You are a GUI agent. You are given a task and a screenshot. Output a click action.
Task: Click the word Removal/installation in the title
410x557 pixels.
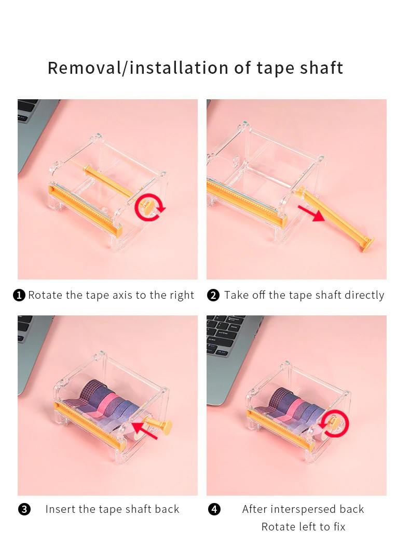[x=138, y=68]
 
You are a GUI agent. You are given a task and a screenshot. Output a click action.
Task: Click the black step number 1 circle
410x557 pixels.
[x=19, y=295]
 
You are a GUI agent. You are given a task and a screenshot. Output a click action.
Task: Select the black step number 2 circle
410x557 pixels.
[x=213, y=295]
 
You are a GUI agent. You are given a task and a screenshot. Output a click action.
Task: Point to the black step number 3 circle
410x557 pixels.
[x=24, y=509]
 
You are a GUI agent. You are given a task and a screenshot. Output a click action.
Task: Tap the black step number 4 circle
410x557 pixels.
[x=214, y=509]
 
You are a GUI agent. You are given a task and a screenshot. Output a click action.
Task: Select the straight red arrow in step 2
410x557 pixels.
[x=311, y=213]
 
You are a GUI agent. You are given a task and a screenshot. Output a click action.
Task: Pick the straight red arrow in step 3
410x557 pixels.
[x=144, y=430]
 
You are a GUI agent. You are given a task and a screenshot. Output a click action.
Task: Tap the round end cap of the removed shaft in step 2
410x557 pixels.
[x=369, y=244]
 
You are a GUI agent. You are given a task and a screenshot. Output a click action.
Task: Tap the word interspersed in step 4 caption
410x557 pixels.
[x=303, y=509]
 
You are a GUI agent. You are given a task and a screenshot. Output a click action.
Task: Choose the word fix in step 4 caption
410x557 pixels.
[x=339, y=526]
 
